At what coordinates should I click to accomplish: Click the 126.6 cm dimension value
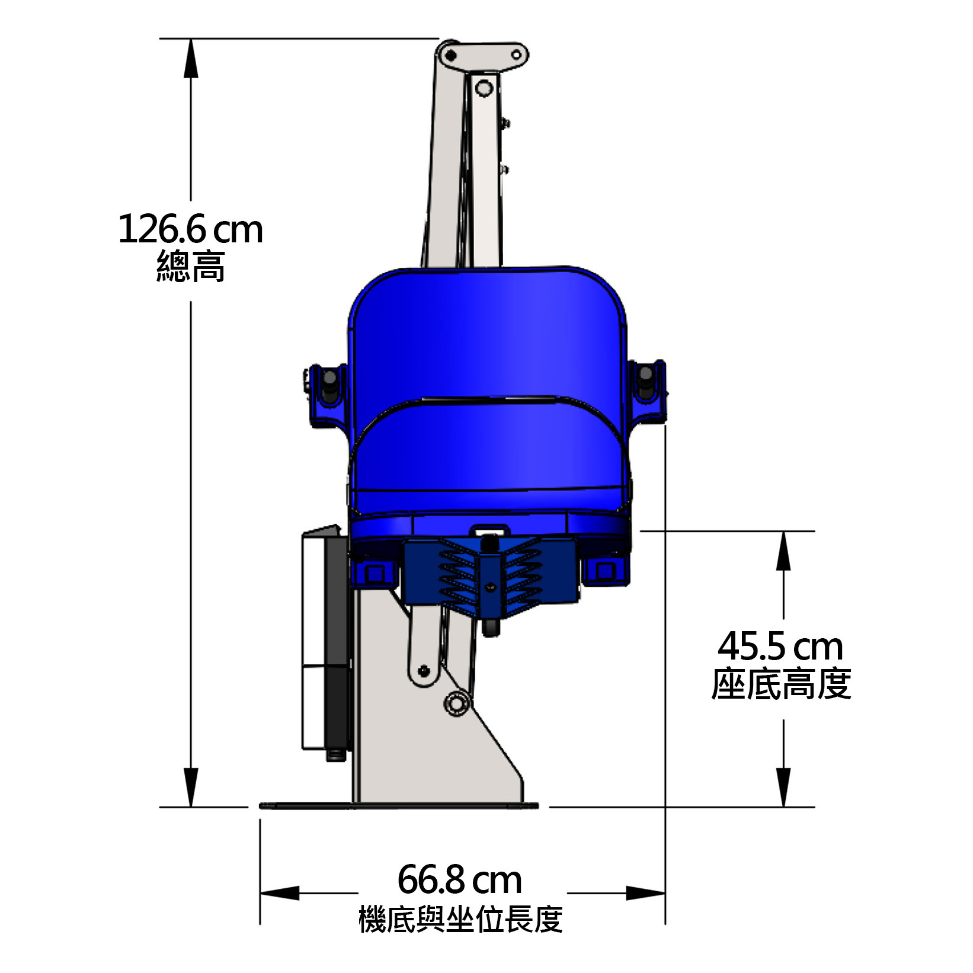[191, 229]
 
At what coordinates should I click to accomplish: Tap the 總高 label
[191, 267]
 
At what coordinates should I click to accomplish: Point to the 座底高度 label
[781, 684]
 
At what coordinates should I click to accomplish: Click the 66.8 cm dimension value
[459, 879]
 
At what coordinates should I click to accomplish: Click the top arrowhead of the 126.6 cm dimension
[190, 58]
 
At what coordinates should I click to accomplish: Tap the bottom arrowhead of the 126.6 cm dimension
[190, 787]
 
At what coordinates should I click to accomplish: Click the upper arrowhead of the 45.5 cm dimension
[783, 550]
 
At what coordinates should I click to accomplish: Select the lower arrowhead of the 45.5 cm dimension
[783, 787]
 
